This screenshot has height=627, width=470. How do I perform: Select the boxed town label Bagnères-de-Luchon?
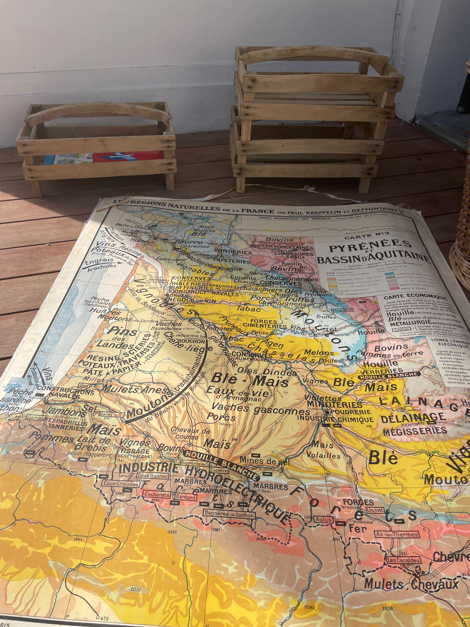coord(229,515)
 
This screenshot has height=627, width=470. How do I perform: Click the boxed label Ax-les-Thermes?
coord(397,534)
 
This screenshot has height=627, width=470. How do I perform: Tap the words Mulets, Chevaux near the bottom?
coord(411,584)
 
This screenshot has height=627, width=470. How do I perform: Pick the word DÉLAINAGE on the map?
coord(413,418)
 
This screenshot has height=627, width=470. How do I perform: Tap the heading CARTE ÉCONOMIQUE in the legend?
coord(412,298)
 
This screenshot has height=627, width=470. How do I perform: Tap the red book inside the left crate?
coord(127,156)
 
